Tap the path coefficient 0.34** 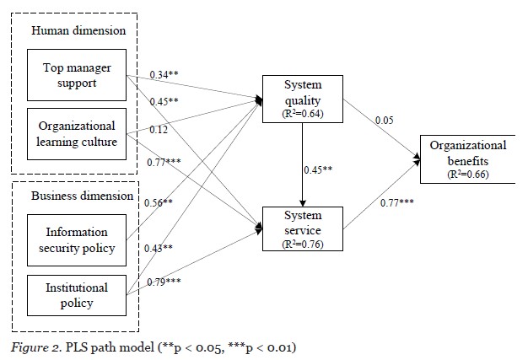(165, 74)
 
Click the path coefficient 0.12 (159, 131)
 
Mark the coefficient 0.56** (159, 202)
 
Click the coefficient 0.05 (385, 120)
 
